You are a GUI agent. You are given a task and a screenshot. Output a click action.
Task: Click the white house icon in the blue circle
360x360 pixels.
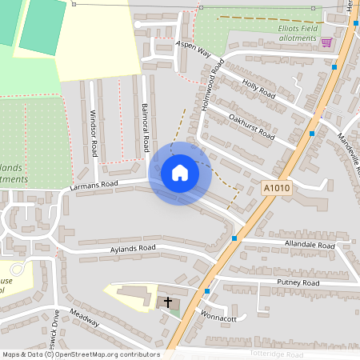tap(180, 173)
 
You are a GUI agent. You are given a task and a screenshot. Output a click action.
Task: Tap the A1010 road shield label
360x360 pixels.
tap(274, 189)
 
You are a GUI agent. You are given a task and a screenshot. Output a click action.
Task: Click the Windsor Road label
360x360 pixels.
tap(94, 131)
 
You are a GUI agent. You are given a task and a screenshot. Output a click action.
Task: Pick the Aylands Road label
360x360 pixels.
tap(132, 250)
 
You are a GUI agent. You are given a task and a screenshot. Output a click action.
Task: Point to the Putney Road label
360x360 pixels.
tap(298, 283)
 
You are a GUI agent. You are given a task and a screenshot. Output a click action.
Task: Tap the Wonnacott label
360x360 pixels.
tap(218, 317)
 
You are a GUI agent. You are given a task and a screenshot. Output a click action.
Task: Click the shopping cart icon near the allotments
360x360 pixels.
tap(326, 42)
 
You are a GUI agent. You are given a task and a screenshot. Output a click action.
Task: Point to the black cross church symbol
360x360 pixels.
tap(168, 302)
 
